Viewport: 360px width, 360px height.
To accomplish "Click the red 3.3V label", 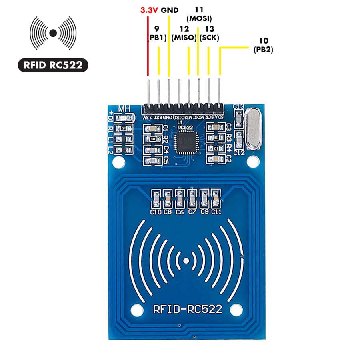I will coord(149,10).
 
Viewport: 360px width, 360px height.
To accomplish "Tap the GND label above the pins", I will coord(170,10).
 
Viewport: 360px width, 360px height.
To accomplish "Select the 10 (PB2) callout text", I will coord(263,45).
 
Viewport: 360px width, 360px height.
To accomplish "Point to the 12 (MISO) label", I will coord(184,34).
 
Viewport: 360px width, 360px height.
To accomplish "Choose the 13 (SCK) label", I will coord(209,34).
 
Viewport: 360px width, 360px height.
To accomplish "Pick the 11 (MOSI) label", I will coord(199,14).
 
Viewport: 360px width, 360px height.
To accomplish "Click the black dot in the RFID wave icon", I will coord(53,33).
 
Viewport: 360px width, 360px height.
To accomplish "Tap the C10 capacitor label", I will coord(156,212).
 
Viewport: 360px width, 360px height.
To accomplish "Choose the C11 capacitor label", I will coord(216,212).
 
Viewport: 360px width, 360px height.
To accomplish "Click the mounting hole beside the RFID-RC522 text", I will coord(136,309).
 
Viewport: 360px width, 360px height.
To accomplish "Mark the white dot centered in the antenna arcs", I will coord(186,261).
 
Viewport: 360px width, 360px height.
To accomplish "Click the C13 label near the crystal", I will coord(239,106).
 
